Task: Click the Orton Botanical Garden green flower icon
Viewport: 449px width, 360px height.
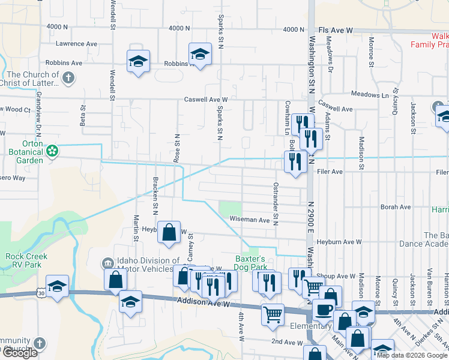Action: [x=53, y=151]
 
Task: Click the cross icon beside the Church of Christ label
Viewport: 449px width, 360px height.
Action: [x=69, y=77]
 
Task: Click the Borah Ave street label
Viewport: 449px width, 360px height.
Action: [x=396, y=207]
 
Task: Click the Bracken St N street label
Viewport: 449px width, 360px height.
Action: [x=155, y=197]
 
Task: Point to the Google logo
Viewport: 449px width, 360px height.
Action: [x=19, y=353]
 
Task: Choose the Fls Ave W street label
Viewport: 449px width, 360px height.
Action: [x=335, y=29]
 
